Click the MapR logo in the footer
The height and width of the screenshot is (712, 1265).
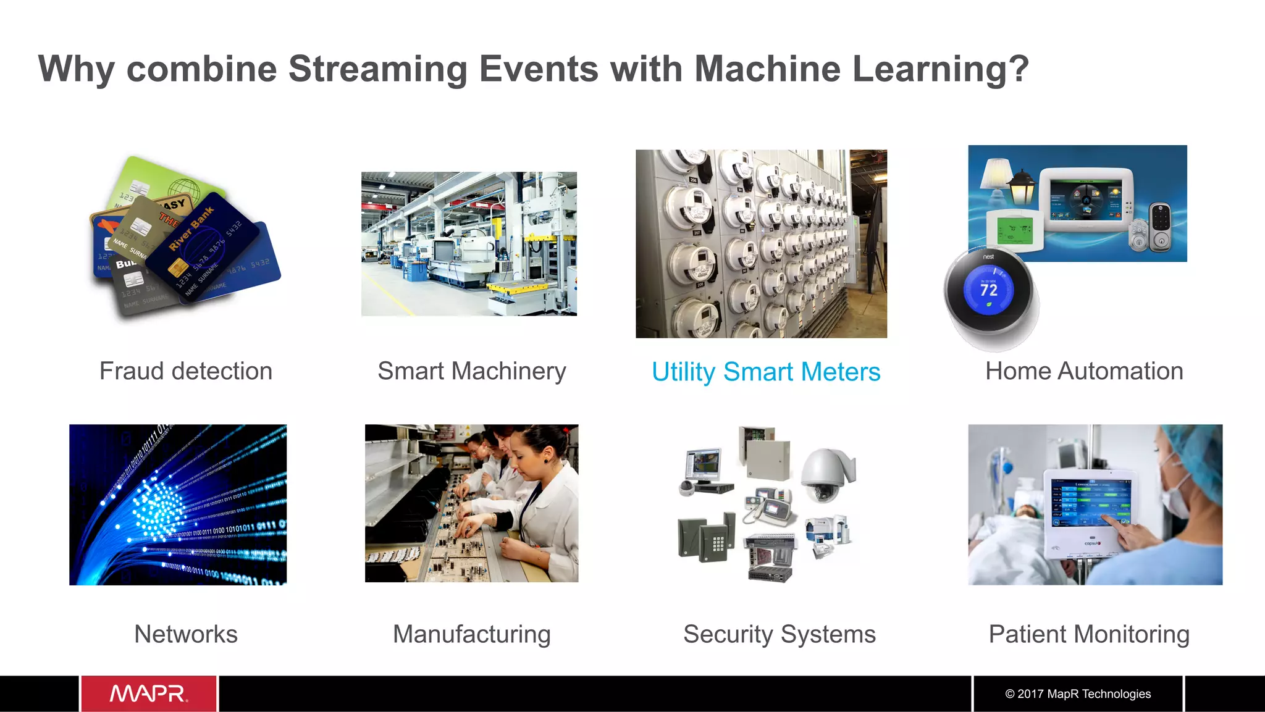coord(148,693)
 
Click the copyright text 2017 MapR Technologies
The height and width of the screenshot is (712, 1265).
coord(1078,693)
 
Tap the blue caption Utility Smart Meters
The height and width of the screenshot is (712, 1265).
coord(766,372)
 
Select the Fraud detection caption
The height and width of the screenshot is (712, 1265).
coord(186,371)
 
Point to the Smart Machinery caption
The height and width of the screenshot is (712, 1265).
coord(471,371)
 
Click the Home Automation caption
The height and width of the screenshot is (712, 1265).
coord(1084,371)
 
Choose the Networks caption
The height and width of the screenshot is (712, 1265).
coord(186,634)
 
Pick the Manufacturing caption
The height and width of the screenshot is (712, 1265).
coord(471,634)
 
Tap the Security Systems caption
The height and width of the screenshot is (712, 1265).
coord(779,634)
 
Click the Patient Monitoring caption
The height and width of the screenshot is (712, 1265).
coord(1089,634)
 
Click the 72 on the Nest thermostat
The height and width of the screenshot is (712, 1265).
coord(988,290)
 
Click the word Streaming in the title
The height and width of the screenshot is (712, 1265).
coord(377,69)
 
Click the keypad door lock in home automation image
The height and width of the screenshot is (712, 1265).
coord(1160,226)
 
